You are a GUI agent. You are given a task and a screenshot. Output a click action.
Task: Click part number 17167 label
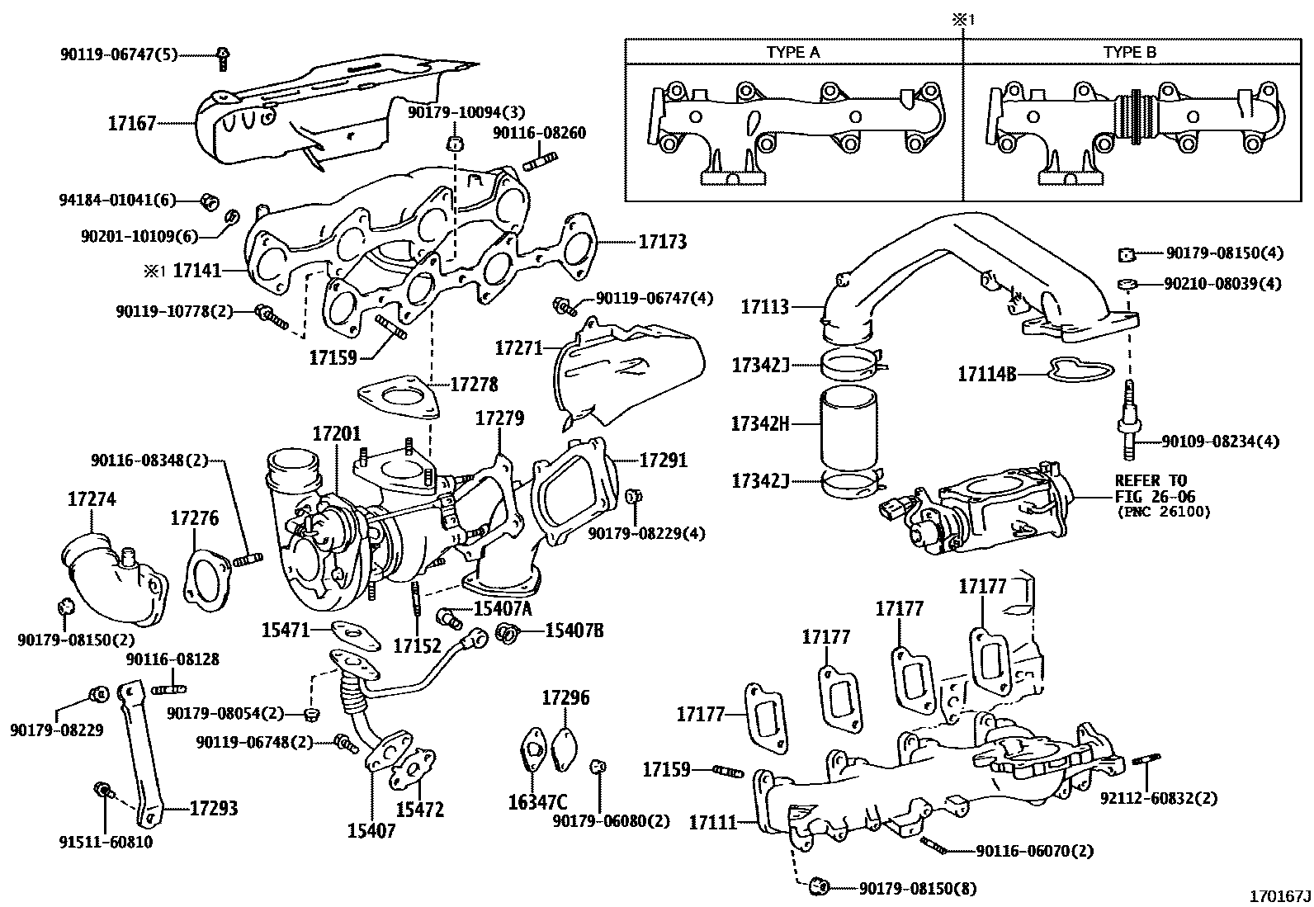pyautogui.click(x=131, y=124)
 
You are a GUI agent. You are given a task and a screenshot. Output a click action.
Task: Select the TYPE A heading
pyautogui.click(x=793, y=52)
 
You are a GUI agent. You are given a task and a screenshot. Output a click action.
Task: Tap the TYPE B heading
pyautogui.click(x=1130, y=52)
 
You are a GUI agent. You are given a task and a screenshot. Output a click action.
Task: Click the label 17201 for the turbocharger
pyautogui.click(x=337, y=434)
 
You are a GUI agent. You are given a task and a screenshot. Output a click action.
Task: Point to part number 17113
pyautogui.click(x=765, y=306)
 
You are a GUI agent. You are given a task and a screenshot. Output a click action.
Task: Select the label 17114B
pyautogui.click(x=986, y=374)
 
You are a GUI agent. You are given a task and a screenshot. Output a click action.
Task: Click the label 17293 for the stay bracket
pyautogui.click(x=214, y=808)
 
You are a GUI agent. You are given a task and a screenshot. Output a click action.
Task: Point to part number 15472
pyautogui.click(x=419, y=810)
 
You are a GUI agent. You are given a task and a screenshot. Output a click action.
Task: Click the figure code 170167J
pyautogui.click(x=1279, y=895)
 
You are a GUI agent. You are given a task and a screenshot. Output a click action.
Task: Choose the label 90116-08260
pyautogui.click(x=540, y=133)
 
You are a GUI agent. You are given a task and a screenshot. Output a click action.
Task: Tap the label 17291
pyautogui.click(x=664, y=460)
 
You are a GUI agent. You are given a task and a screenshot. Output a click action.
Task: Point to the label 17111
pyautogui.click(x=712, y=822)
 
